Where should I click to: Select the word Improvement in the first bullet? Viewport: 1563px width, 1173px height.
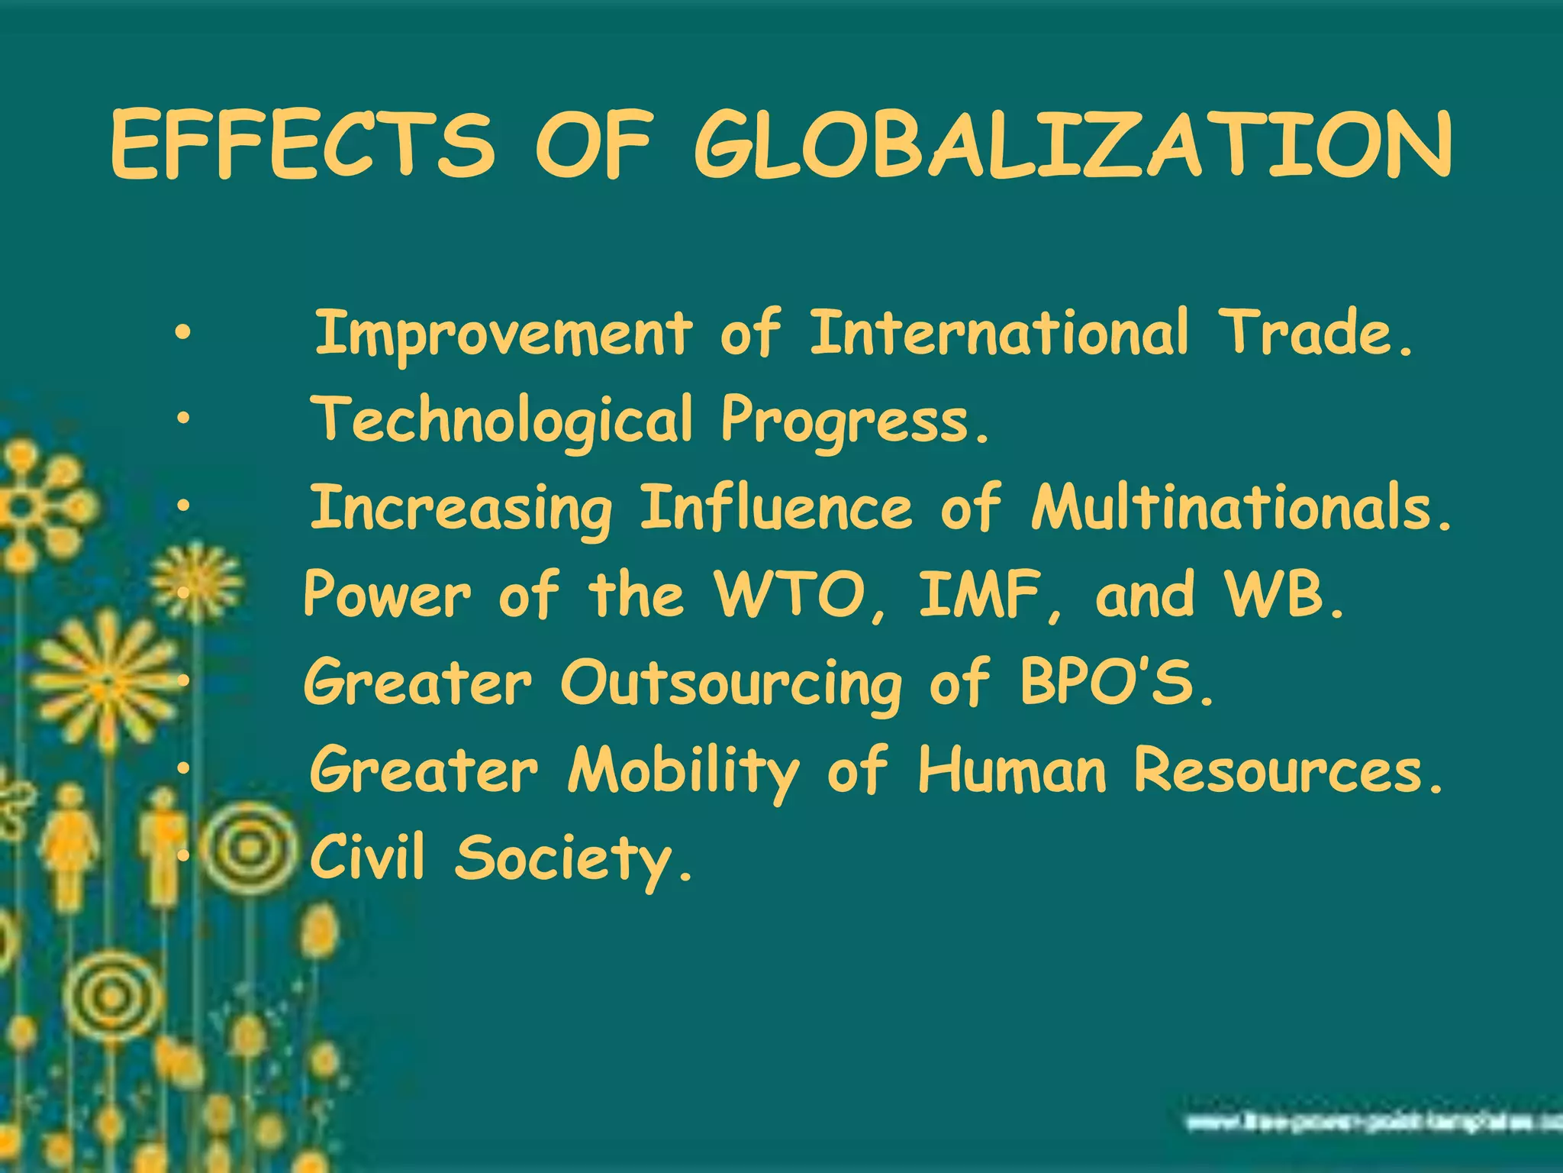tap(504, 334)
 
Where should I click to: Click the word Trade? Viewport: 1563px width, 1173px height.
tap(1318, 334)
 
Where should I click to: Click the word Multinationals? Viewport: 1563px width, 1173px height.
tap(1240, 508)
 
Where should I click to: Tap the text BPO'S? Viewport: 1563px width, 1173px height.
tap(1115, 682)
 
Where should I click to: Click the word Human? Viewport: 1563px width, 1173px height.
tap(1011, 770)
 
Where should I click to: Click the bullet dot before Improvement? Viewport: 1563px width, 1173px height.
tap(181, 334)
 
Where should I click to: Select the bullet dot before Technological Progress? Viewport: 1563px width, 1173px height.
tap(181, 419)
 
